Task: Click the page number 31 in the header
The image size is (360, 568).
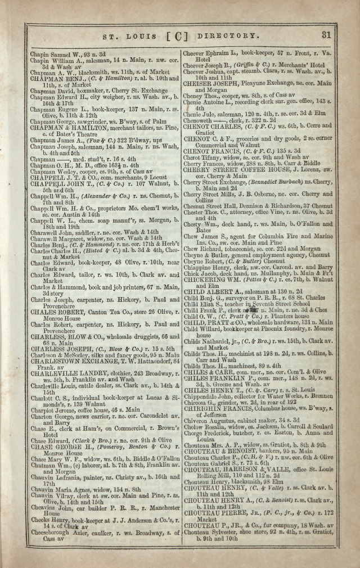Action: click(326, 34)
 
